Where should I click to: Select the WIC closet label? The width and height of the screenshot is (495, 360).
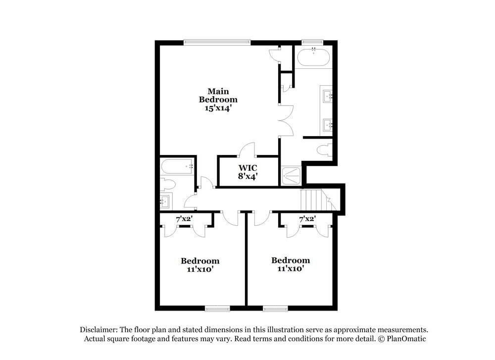[248, 167]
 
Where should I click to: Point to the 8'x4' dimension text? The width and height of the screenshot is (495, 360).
[248, 176]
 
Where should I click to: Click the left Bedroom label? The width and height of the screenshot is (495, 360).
[200, 261]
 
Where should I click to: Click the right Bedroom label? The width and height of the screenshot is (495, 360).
[291, 260]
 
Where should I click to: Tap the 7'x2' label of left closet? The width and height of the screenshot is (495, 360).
[184, 218]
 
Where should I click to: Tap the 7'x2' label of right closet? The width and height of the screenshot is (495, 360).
[307, 218]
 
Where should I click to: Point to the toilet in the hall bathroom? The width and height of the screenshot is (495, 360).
[168, 185]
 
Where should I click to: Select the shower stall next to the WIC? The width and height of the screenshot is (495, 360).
[291, 176]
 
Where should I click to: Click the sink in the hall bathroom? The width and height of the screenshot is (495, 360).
[165, 202]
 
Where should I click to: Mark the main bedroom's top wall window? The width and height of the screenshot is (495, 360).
[217, 43]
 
